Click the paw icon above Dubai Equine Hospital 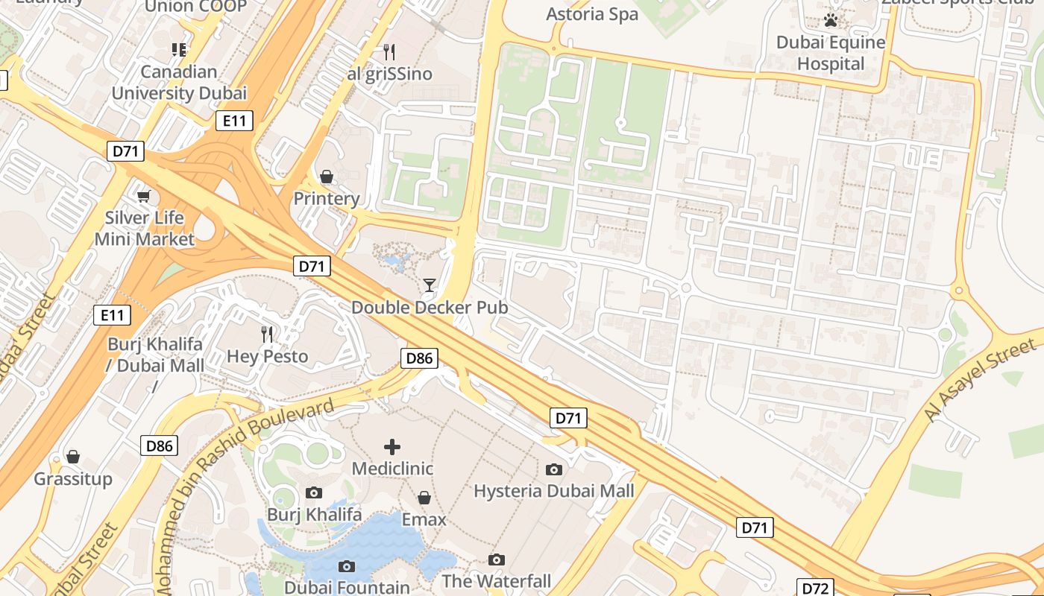[x=831, y=20]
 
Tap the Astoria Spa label [x=592, y=14]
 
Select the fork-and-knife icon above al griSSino [x=389, y=51]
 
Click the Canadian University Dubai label [x=179, y=83]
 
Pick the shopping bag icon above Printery [x=327, y=177]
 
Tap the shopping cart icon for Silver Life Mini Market [x=143, y=196]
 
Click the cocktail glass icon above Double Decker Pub [x=429, y=285]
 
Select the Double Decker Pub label [x=430, y=308]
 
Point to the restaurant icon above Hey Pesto [x=267, y=334]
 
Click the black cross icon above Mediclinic [x=391, y=447]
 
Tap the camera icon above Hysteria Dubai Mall [x=554, y=469]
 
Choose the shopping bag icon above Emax [x=424, y=498]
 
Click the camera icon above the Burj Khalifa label [x=314, y=492]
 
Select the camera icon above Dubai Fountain [x=347, y=566]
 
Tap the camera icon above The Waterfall [x=497, y=559]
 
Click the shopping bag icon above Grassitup [x=73, y=457]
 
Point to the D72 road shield [x=815, y=588]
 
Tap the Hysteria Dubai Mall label [x=554, y=491]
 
